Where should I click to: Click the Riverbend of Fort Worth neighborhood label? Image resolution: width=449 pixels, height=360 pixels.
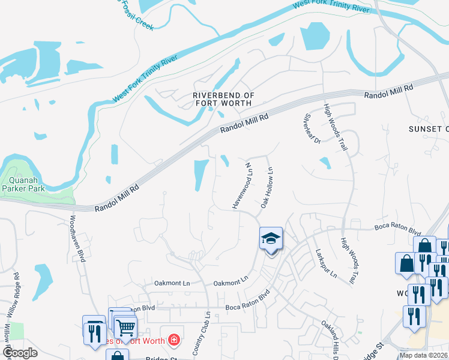coord(223,100)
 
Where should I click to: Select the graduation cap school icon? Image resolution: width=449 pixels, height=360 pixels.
coord(271,239)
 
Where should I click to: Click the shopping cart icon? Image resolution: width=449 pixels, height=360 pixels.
coord(125,327)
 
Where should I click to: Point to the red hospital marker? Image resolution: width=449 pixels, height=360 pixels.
coord(174,340)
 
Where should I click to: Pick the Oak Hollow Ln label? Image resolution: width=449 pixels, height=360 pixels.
coord(266,188)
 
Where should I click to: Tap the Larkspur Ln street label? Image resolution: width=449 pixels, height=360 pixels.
coord(325,267)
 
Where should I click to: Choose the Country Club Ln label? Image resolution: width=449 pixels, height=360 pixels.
coord(202,332)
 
